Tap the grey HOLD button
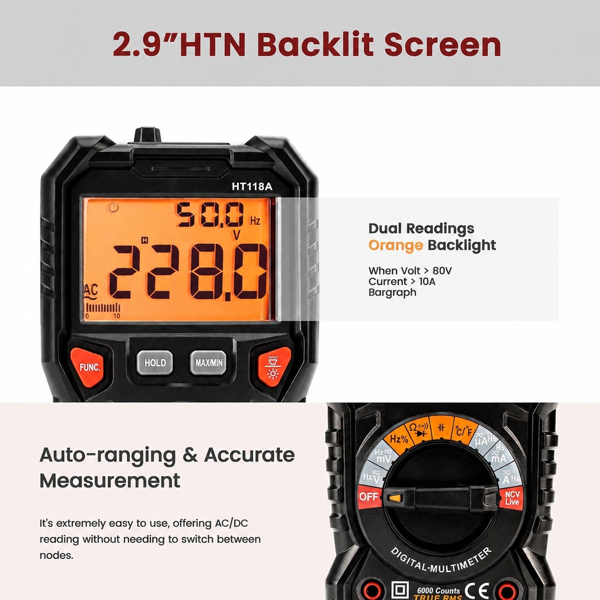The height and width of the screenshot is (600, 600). [155, 362]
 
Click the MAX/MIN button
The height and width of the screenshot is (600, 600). [208, 362]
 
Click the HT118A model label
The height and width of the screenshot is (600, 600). [252, 187]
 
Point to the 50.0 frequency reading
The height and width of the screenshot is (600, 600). [210, 214]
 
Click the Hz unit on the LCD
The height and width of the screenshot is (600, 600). [255, 221]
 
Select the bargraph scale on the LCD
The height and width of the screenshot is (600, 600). [102, 310]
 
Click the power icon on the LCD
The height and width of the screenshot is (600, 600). [114, 207]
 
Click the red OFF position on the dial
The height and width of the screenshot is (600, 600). [370, 497]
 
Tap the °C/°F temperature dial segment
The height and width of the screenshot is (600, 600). [464, 431]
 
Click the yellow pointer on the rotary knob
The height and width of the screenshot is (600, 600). [395, 498]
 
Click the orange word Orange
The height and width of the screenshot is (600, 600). [396, 245]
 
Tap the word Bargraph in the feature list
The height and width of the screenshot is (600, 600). [392, 293]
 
